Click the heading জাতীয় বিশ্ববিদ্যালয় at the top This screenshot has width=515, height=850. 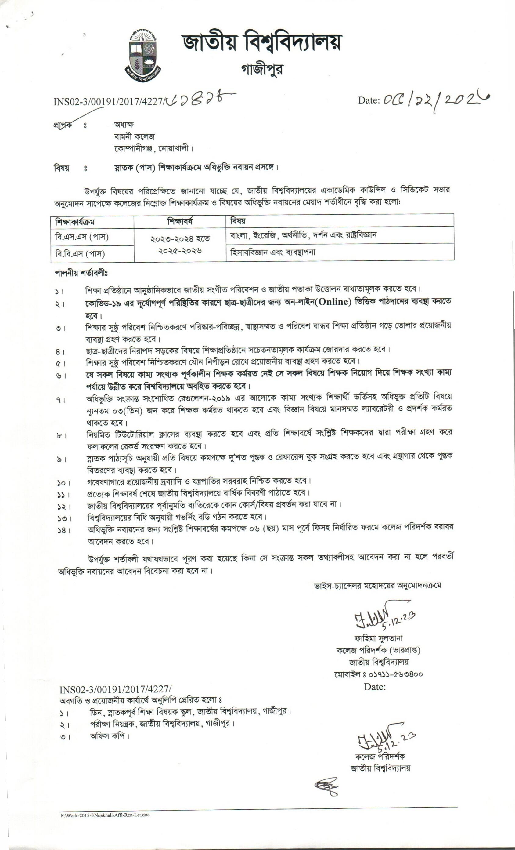[x=262, y=42]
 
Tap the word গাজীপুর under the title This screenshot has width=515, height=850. [x=262, y=70]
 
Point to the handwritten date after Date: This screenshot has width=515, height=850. [x=436, y=100]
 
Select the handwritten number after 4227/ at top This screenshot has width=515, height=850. [x=200, y=99]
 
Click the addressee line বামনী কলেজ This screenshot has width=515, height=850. [x=135, y=136]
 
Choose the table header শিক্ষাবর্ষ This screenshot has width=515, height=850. [x=180, y=221]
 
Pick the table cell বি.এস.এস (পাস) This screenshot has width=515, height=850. [x=82, y=237]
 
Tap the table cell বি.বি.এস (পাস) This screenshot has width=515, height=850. [x=80, y=254]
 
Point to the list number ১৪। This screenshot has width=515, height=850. [x=64, y=531]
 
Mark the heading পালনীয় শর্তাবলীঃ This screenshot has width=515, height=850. [x=81, y=273]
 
